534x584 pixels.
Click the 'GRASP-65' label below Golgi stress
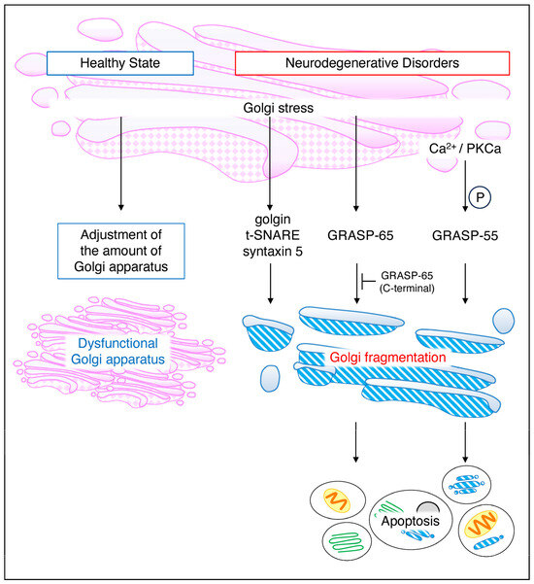[x=356, y=234]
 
